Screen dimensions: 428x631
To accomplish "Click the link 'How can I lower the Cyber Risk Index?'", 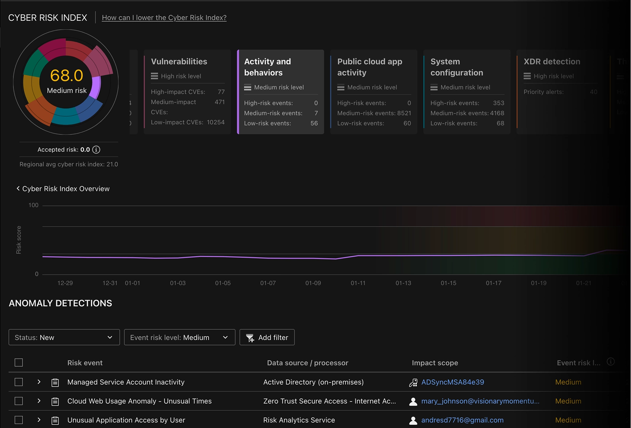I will pyautogui.click(x=164, y=17).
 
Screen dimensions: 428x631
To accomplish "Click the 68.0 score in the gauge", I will pyautogui.click(x=67, y=76).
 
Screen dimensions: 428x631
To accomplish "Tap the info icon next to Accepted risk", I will pyautogui.click(x=96, y=150).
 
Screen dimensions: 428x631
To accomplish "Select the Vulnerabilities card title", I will pyautogui.click(x=179, y=62).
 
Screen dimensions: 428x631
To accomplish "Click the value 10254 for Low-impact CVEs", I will pyautogui.click(x=216, y=122).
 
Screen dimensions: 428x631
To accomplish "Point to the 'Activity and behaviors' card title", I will pyautogui.click(x=267, y=67).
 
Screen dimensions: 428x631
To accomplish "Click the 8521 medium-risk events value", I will pyautogui.click(x=404, y=113).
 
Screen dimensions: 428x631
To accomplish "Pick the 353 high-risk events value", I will pyautogui.click(x=498, y=103).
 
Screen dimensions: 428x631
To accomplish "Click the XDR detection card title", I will pyautogui.click(x=552, y=62).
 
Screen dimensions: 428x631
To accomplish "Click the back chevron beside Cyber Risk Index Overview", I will pyautogui.click(x=18, y=189).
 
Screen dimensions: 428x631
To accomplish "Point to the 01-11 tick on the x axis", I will pyautogui.click(x=358, y=283).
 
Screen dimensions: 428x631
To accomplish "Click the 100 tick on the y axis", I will pyautogui.click(x=33, y=205).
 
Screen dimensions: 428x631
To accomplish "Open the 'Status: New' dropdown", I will pyautogui.click(x=64, y=337).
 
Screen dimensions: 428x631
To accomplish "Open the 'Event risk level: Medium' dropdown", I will pyautogui.click(x=180, y=337).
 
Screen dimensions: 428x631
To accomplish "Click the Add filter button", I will pyautogui.click(x=267, y=337).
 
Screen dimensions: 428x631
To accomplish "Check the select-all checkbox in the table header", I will pyautogui.click(x=19, y=362).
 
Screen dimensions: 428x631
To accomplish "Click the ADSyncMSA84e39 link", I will pyautogui.click(x=453, y=382).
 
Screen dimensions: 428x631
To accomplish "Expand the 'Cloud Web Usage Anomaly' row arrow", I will pyautogui.click(x=39, y=401).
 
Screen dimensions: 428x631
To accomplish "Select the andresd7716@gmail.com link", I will pyautogui.click(x=462, y=420).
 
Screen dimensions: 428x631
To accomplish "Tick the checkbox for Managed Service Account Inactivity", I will pyautogui.click(x=19, y=382).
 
